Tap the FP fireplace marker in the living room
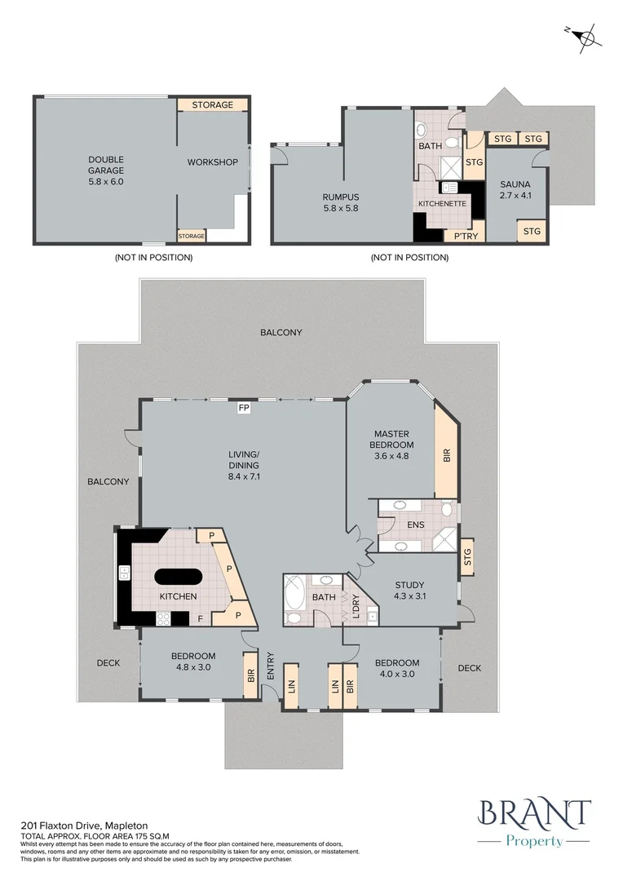click(x=243, y=408)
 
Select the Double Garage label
click(x=106, y=170)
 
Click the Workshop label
click(x=212, y=162)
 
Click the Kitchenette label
click(x=441, y=202)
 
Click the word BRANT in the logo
click(x=535, y=813)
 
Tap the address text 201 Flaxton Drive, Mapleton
click(x=85, y=826)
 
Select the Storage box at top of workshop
click(x=212, y=104)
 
